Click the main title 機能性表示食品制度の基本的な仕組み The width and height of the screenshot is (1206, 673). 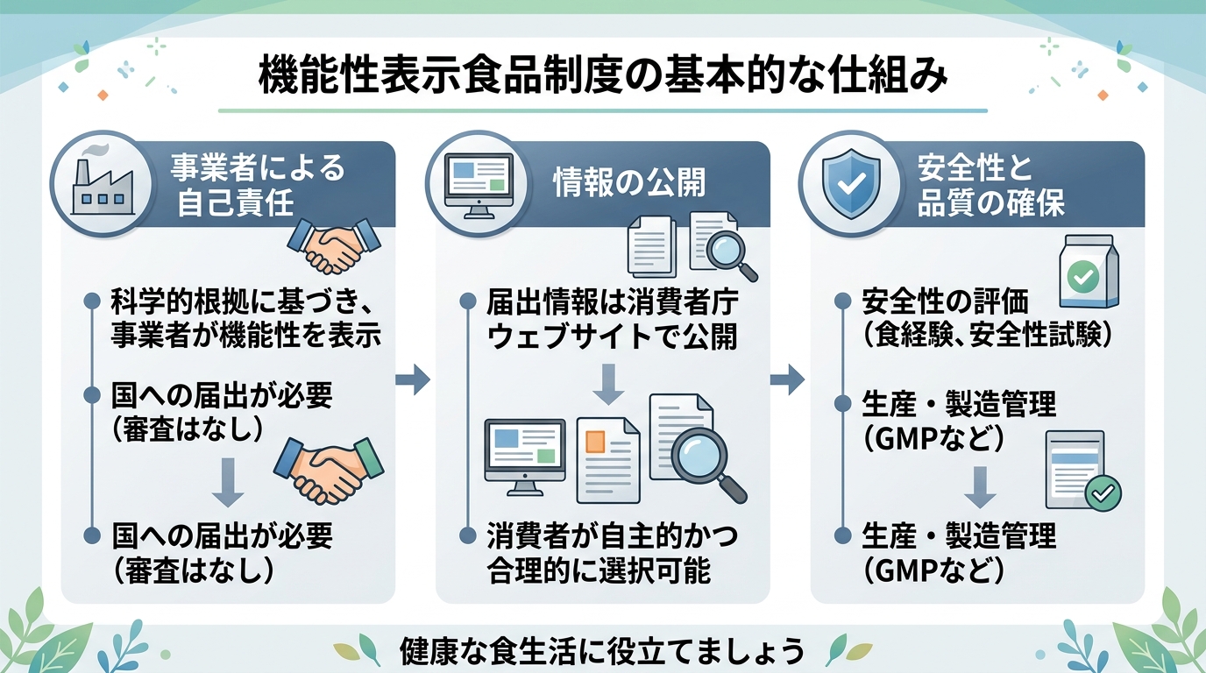(x=603, y=77)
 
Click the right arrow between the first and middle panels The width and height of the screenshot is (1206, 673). (x=413, y=379)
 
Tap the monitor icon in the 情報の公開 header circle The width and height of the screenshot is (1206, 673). (x=478, y=181)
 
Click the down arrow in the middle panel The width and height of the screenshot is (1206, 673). (x=609, y=385)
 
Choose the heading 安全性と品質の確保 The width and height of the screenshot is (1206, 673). (x=990, y=185)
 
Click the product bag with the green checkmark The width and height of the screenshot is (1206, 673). (x=1089, y=272)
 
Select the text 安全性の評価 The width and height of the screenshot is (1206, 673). (x=945, y=303)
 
